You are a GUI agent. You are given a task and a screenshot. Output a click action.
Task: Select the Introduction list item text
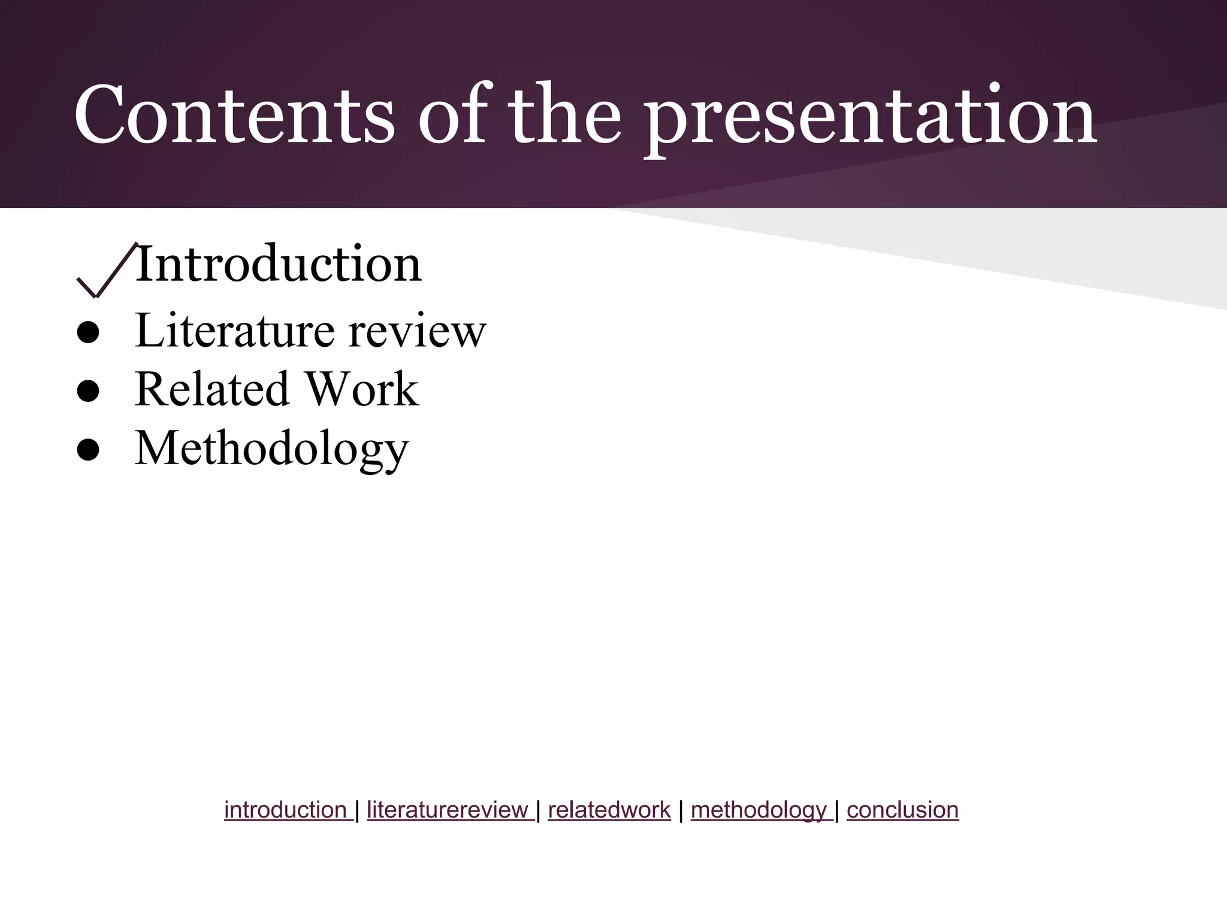[x=278, y=264]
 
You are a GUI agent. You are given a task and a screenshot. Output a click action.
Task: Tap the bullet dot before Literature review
[x=88, y=334]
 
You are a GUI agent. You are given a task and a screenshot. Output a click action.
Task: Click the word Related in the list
[x=212, y=389]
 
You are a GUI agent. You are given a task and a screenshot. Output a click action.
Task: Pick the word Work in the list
[x=362, y=389]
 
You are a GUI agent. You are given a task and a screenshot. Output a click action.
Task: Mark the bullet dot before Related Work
[x=88, y=392]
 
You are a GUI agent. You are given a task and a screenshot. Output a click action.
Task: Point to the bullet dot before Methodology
[x=88, y=451]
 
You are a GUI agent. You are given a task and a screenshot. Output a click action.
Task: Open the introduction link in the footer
[x=286, y=810]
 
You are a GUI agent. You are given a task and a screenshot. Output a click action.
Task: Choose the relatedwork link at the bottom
[x=609, y=810]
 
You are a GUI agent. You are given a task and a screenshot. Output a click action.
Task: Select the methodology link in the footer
[x=760, y=810]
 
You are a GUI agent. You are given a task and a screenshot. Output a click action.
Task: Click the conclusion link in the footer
[x=902, y=810]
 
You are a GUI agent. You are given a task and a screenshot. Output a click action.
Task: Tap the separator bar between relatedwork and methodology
[x=681, y=810]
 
